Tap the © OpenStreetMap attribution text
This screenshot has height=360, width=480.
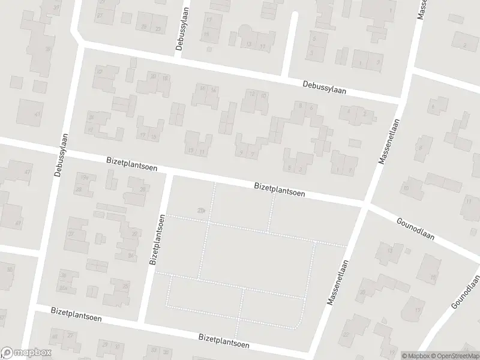click(454, 355)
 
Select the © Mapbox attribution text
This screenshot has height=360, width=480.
click(415, 355)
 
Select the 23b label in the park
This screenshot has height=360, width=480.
click(200, 209)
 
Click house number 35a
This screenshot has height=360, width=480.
click(64, 289)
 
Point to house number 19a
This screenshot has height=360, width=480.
click(85, 178)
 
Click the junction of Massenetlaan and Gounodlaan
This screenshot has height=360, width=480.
click(366, 206)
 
